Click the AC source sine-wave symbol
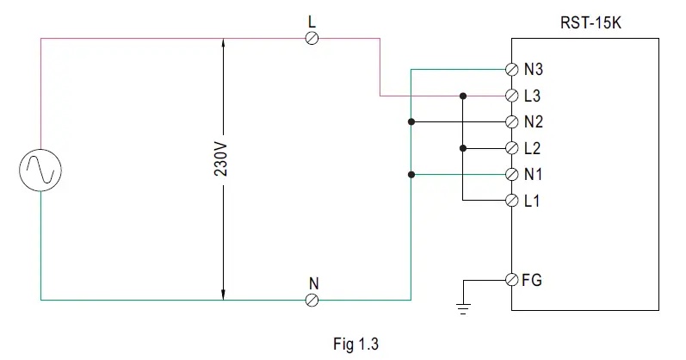pyautogui.click(x=40, y=169)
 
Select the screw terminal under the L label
pyautogui.click(x=312, y=38)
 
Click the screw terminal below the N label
pyautogui.click(x=312, y=300)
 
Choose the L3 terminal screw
pyautogui.click(x=511, y=96)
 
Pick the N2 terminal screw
pyautogui.click(x=511, y=121)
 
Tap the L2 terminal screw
pyautogui.click(x=511, y=148)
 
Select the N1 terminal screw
pyautogui.click(x=511, y=174)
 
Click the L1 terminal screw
pyautogui.click(x=511, y=201)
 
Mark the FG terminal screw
pyautogui.click(x=511, y=280)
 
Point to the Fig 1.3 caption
pyautogui.click(x=355, y=343)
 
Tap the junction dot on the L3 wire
pyautogui.click(x=463, y=96)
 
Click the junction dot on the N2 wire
pyautogui.click(x=411, y=121)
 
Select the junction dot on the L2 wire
pyautogui.click(x=463, y=148)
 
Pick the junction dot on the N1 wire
pyautogui.click(x=411, y=174)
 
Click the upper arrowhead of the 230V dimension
pyautogui.click(x=222, y=44)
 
